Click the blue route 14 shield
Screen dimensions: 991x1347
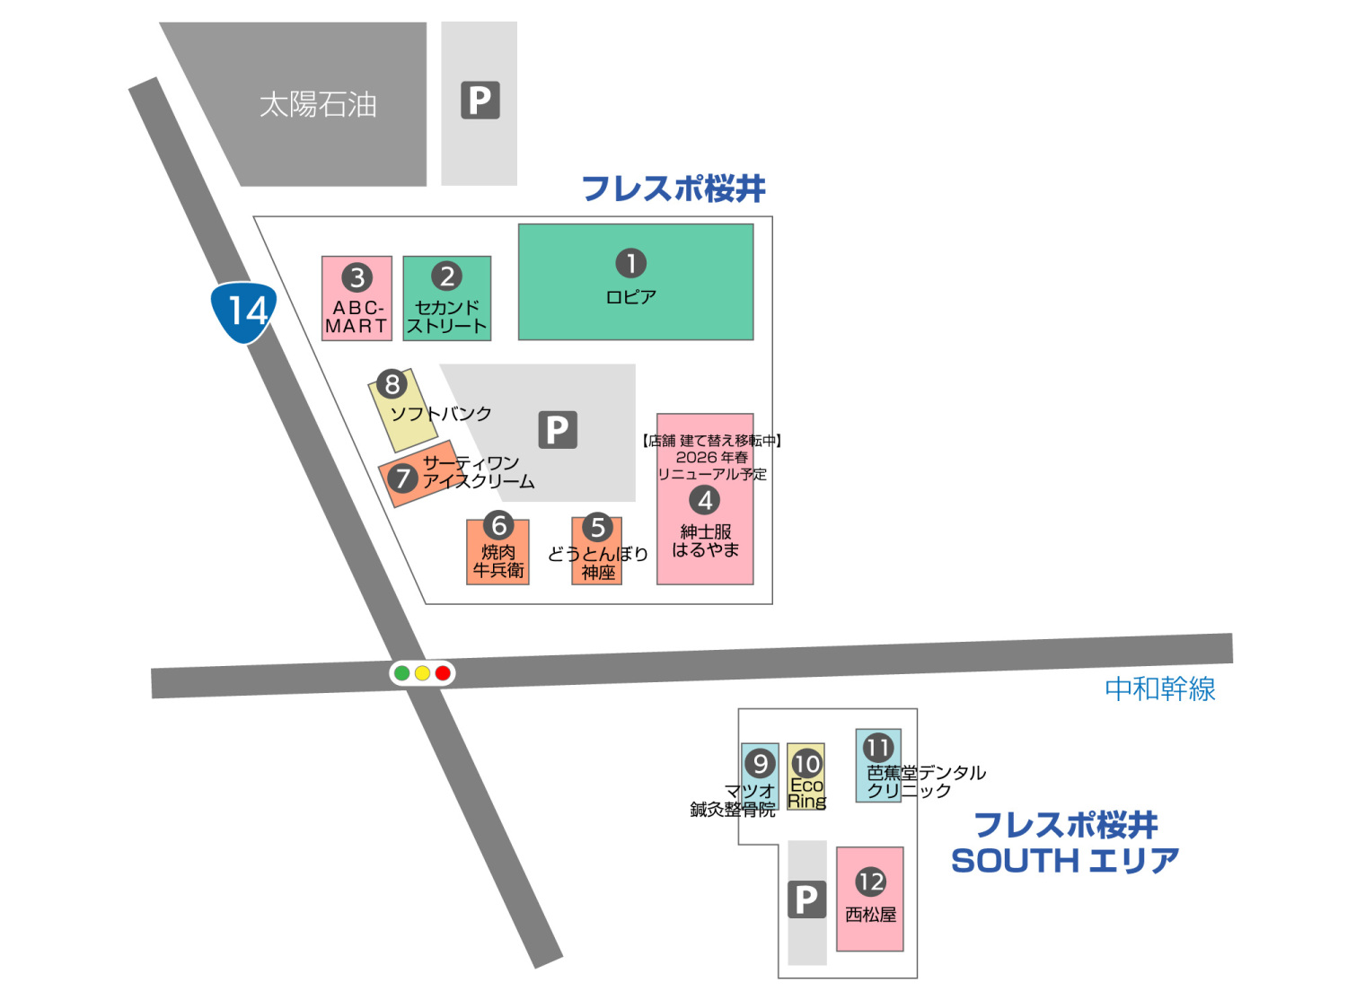pos(244,311)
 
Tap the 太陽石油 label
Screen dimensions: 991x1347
pos(318,105)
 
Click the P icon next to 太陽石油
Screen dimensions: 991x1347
pos(480,101)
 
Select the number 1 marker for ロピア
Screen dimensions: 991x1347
pos(630,263)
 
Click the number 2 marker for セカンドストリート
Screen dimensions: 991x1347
pos(446,276)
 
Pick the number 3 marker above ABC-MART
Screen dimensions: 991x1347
pos(357,277)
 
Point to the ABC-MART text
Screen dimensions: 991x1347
pos(357,317)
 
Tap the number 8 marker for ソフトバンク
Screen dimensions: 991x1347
pos(392,384)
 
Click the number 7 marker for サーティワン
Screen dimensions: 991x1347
pos(402,478)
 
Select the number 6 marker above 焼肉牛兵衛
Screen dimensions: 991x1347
pos(498,525)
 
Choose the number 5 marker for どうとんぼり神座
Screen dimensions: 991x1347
pos(597,527)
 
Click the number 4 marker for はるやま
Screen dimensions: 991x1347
pos(705,500)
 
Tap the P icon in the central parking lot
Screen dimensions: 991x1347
pos(557,430)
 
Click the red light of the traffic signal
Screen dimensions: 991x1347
pos(443,673)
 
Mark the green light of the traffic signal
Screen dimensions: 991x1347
pos(402,673)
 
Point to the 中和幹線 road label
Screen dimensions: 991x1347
pos(1159,689)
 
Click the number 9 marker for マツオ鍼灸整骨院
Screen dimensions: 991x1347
pos(760,763)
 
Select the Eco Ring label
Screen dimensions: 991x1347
pos(806,794)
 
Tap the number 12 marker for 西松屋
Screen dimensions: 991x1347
pos(870,881)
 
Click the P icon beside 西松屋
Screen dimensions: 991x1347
pos(806,899)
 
